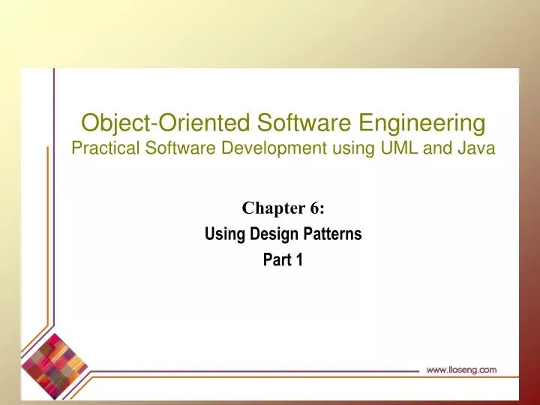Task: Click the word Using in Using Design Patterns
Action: pos(222,234)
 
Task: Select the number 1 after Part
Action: pos(298,260)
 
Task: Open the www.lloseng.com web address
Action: pos(461,369)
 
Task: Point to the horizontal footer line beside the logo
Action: pos(255,370)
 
